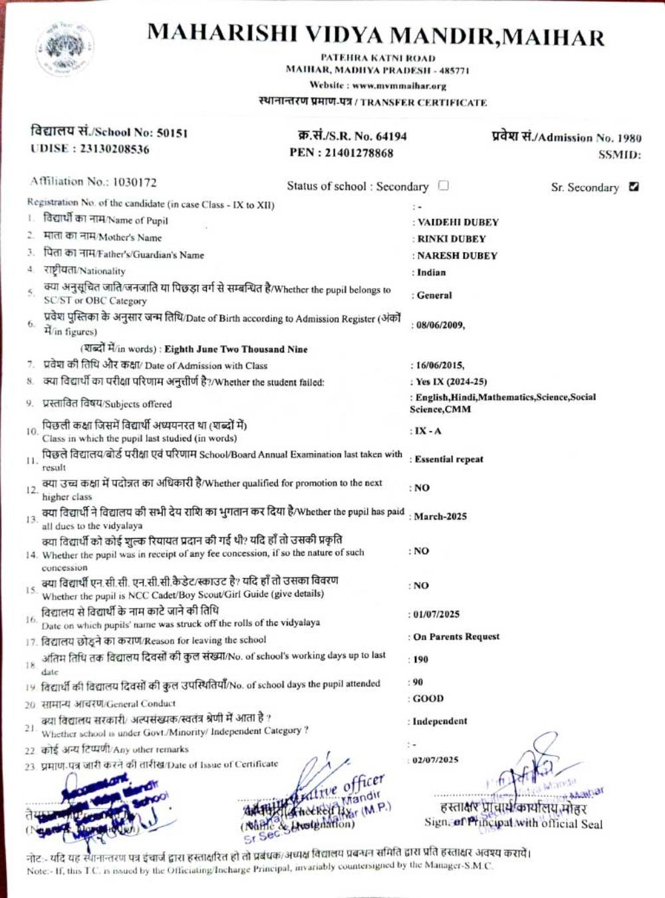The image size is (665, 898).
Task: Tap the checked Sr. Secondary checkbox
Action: [x=634, y=187]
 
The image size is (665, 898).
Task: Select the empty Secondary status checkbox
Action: [x=444, y=186]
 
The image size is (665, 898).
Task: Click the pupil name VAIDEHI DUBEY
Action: [x=458, y=222]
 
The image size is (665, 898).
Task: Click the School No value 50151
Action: [x=172, y=133]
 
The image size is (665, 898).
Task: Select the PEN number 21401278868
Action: [x=359, y=153]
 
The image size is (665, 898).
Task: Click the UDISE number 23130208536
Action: [x=114, y=149]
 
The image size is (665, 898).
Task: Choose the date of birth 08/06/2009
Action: [x=440, y=325]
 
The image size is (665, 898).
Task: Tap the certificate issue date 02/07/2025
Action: [x=436, y=760]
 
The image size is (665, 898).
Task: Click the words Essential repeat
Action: [x=449, y=459]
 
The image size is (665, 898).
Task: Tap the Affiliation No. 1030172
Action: [x=134, y=182]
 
